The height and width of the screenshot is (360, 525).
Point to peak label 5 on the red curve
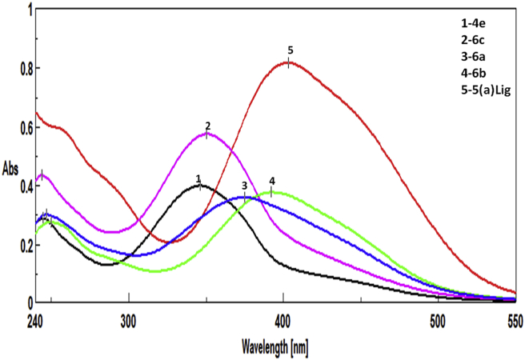291,50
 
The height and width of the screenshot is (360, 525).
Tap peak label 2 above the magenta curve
207,126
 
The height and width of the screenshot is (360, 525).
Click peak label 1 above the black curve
198,177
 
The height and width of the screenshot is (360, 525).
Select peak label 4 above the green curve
272,181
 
